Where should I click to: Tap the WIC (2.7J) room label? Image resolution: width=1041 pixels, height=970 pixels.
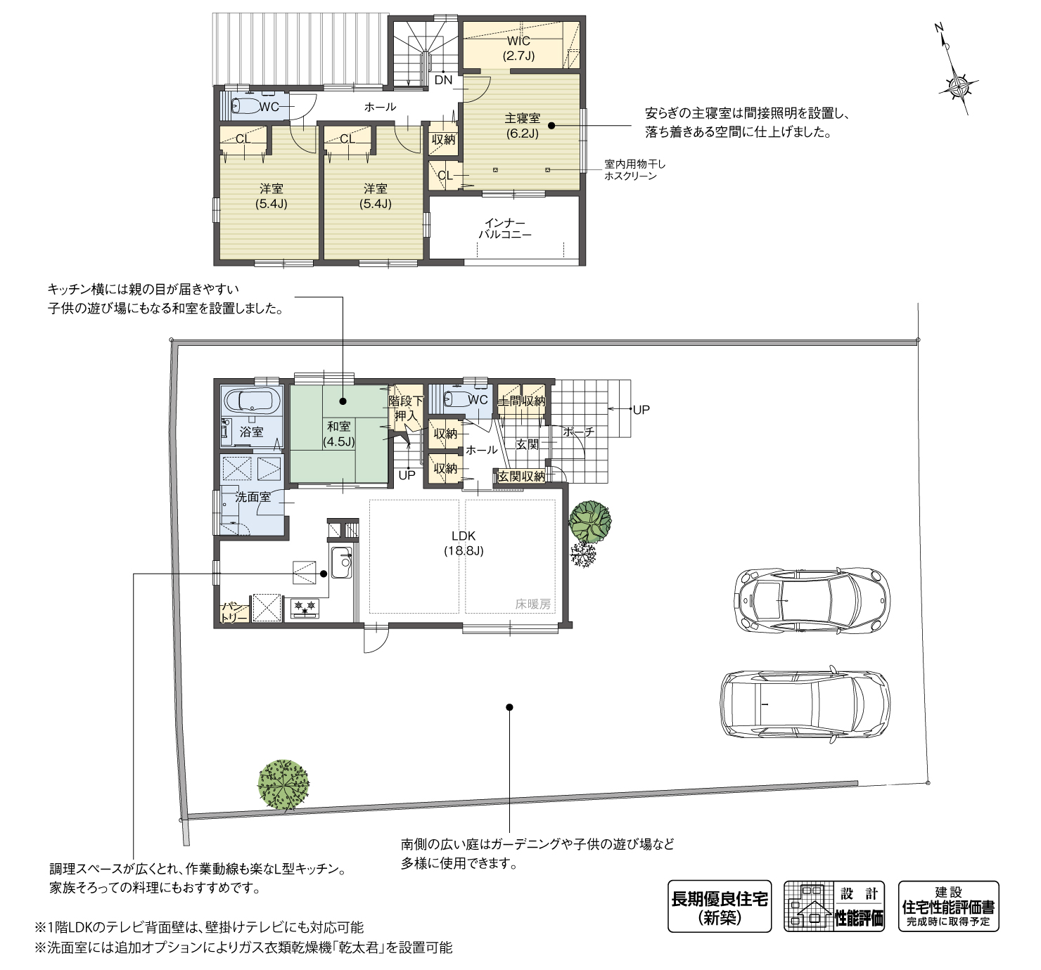coord(518,48)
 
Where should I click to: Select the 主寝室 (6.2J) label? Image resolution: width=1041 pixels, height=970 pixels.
coord(521,125)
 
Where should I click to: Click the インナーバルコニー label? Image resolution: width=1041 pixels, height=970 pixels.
coord(505,229)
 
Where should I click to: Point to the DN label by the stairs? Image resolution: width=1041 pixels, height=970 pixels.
coord(443,80)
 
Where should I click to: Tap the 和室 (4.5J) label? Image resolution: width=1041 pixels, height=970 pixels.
coord(338,434)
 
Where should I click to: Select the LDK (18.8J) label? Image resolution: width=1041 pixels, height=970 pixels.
coord(464,543)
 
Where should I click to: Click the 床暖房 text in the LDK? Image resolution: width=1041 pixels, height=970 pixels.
coord(532,603)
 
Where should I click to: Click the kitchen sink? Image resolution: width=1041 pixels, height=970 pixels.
coord(341,562)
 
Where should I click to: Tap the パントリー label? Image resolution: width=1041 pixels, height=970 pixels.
coord(234,612)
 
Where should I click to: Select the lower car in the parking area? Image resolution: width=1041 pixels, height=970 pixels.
coord(805,704)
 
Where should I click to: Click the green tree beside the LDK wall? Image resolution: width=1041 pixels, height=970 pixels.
coord(589,521)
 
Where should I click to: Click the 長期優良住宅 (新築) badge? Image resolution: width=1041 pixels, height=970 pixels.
coord(719,907)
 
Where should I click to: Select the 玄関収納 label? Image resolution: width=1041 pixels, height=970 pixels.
coord(521,476)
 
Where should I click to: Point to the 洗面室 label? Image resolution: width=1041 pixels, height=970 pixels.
coord(253,497)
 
